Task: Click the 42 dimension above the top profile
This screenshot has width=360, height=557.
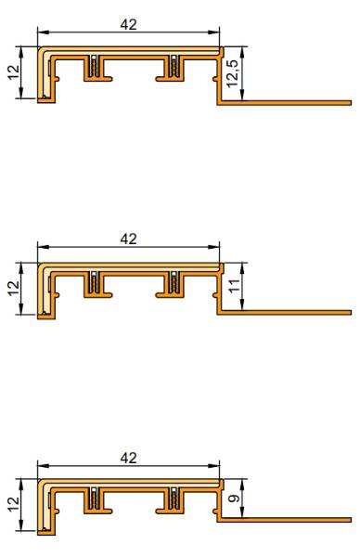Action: pos(129,25)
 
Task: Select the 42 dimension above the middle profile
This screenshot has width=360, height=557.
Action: pos(129,239)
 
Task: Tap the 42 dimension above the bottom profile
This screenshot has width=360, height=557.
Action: pos(129,458)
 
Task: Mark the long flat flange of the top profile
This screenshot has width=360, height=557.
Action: pos(288,103)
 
